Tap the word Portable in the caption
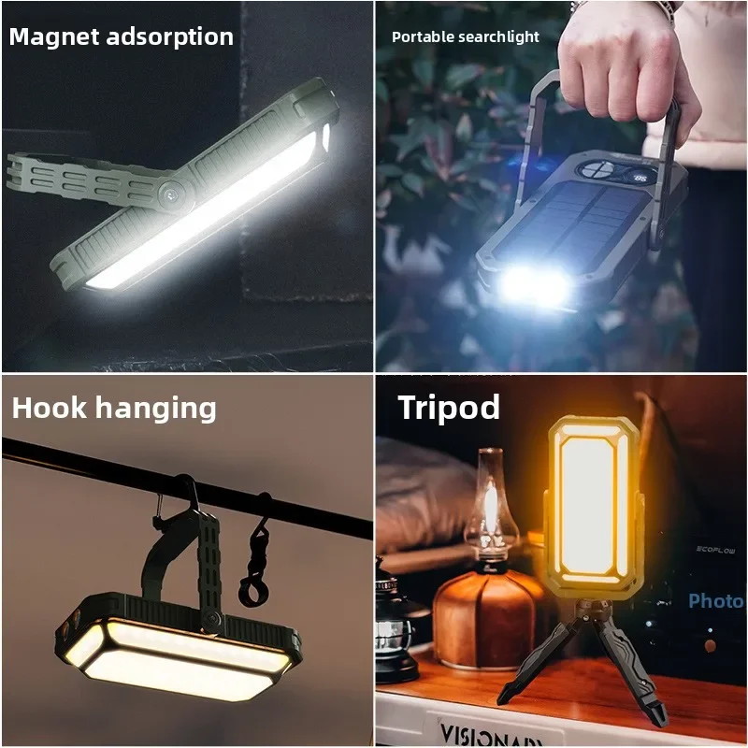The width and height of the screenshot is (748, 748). pyautogui.click(x=421, y=37)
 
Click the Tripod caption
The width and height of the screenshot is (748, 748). pyautogui.click(x=449, y=408)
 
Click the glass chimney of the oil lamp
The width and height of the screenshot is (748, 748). pyautogui.click(x=491, y=505)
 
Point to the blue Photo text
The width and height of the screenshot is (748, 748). pyautogui.click(x=716, y=601)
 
